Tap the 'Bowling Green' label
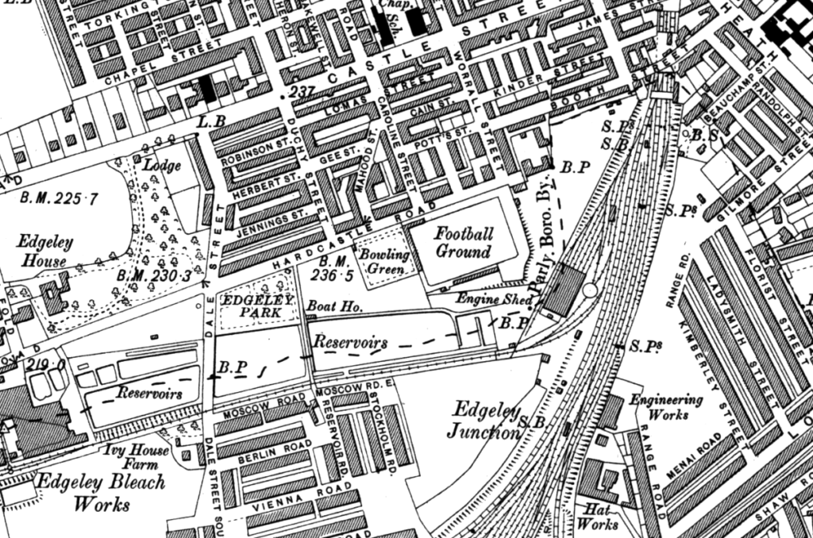[383, 262]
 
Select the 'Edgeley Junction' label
[485, 421]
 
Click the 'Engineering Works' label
[655, 407]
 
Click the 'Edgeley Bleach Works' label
[102, 491]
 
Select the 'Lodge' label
[161, 166]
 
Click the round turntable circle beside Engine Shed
[589, 290]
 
